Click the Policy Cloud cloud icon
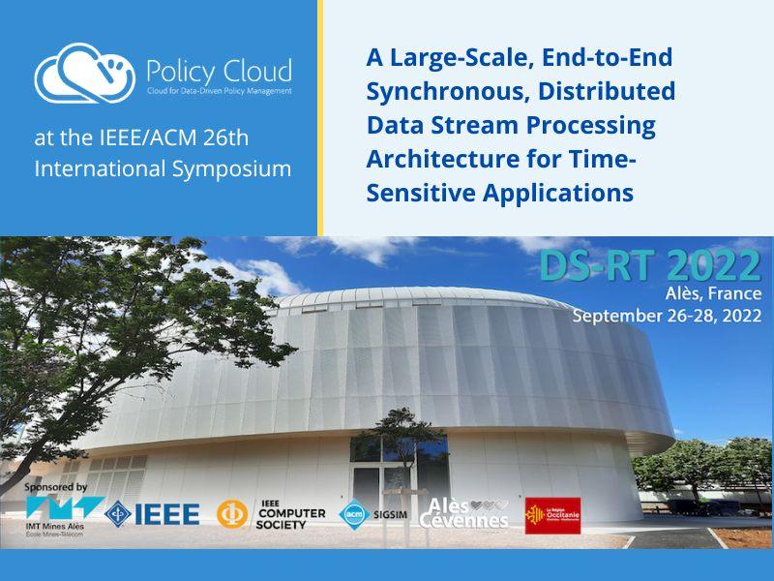[x=85, y=72]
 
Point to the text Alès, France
[x=714, y=293]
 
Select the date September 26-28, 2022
[x=666, y=315]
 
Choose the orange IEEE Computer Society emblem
[x=232, y=513]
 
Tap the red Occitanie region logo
[x=552, y=514]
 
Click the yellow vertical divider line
[x=319, y=118]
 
